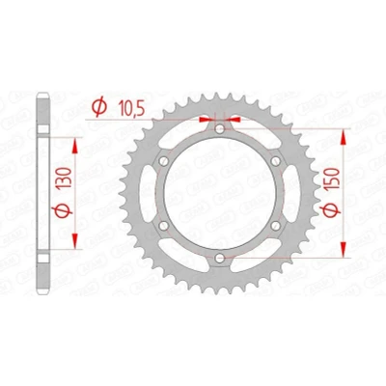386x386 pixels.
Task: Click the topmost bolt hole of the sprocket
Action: [220, 129]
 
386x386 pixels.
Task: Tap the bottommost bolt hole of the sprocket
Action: [220, 258]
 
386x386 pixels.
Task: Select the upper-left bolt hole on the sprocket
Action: [164, 161]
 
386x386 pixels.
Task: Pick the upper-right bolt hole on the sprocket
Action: [275, 161]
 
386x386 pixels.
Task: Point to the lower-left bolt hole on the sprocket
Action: [164, 226]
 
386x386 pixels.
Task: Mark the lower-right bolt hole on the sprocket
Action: [275, 226]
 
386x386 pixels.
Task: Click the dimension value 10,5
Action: [131, 108]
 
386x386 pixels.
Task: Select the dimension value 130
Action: [64, 178]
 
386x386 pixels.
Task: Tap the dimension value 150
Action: [333, 179]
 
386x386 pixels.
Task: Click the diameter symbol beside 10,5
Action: [98, 107]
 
